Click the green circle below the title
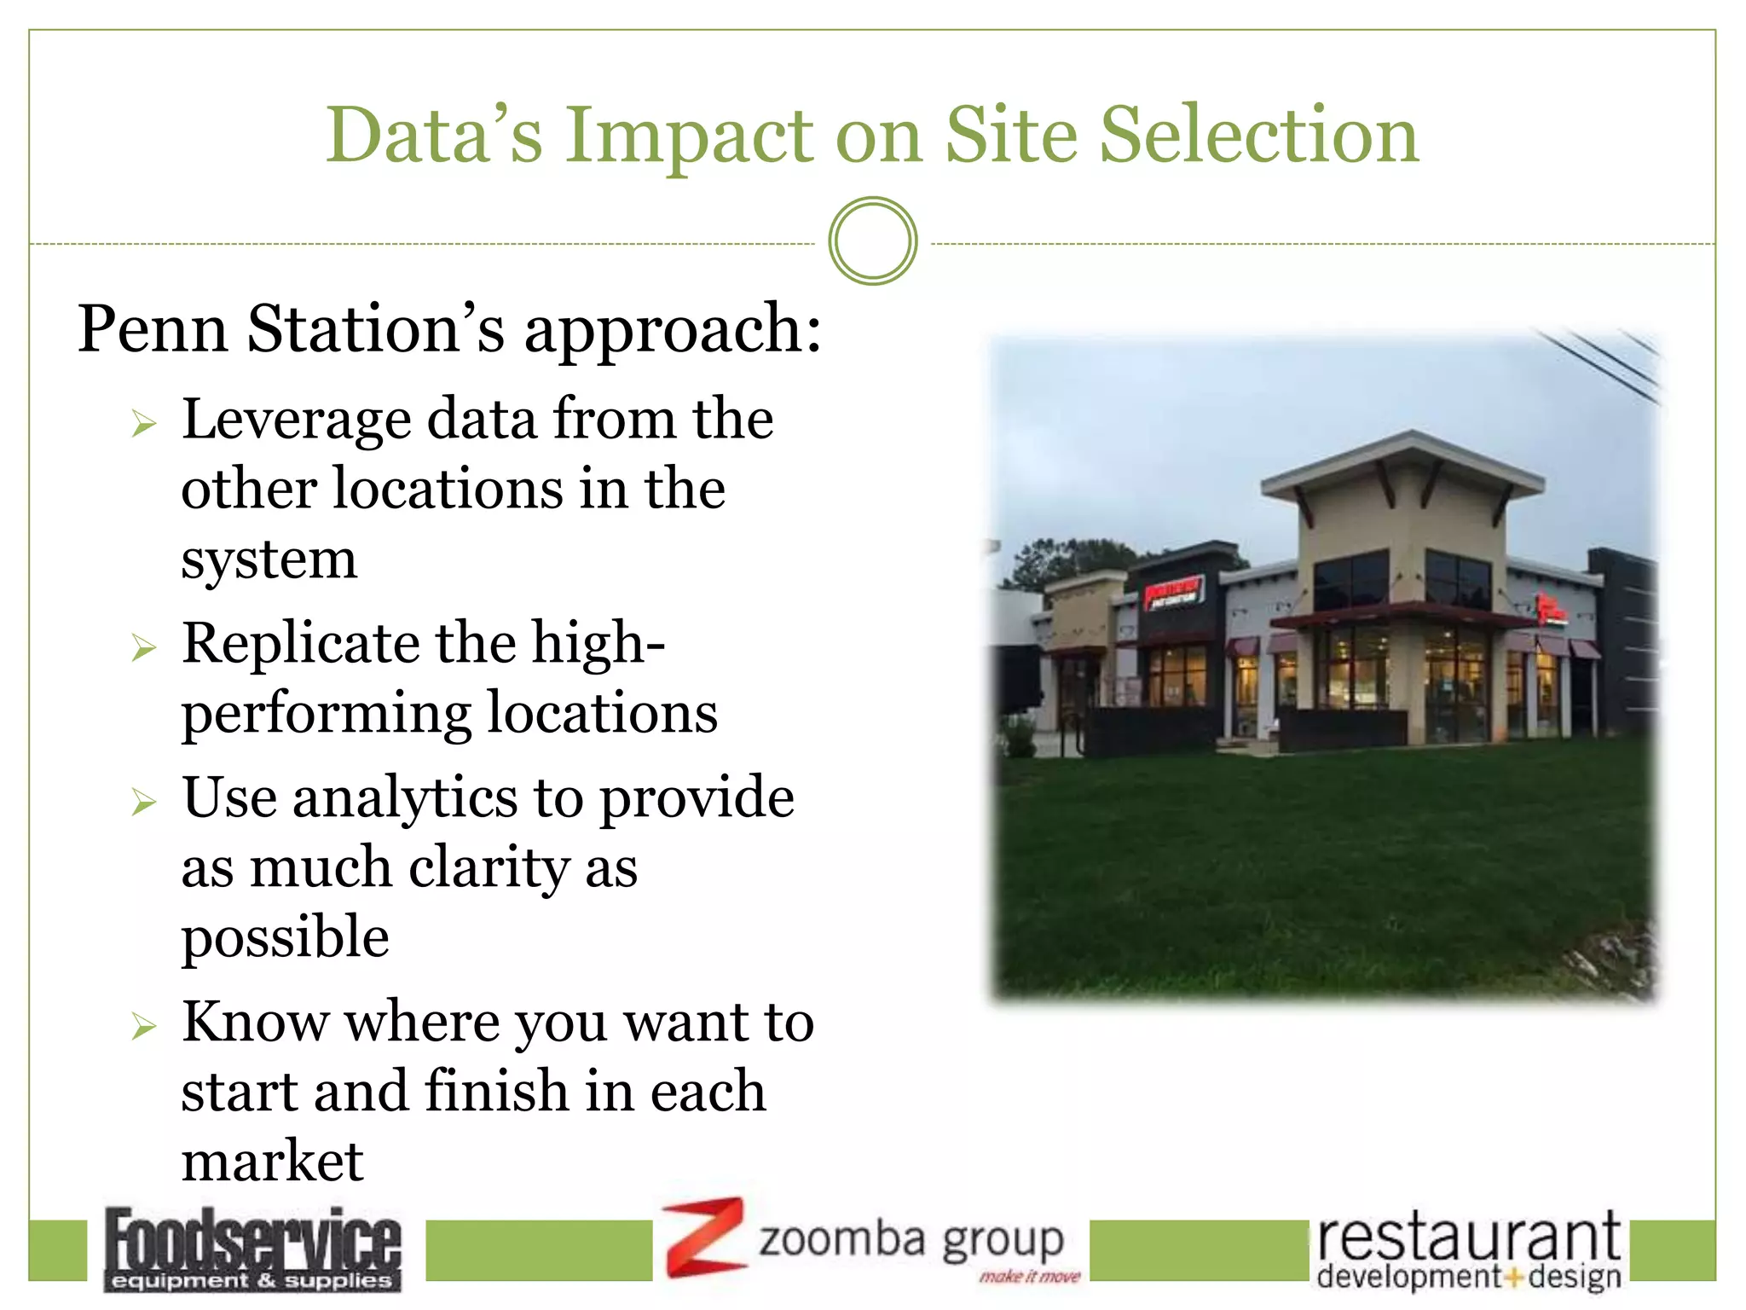click(872, 241)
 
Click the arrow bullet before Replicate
click(144, 648)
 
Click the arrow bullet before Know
click(144, 1026)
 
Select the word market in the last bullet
click(273, 1162)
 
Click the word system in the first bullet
click(269, 560)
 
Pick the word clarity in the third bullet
click(489, 869)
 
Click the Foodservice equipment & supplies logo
click(252, 1249)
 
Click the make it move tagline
click(1029, 1277)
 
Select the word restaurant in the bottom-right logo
click(1468, 1238)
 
